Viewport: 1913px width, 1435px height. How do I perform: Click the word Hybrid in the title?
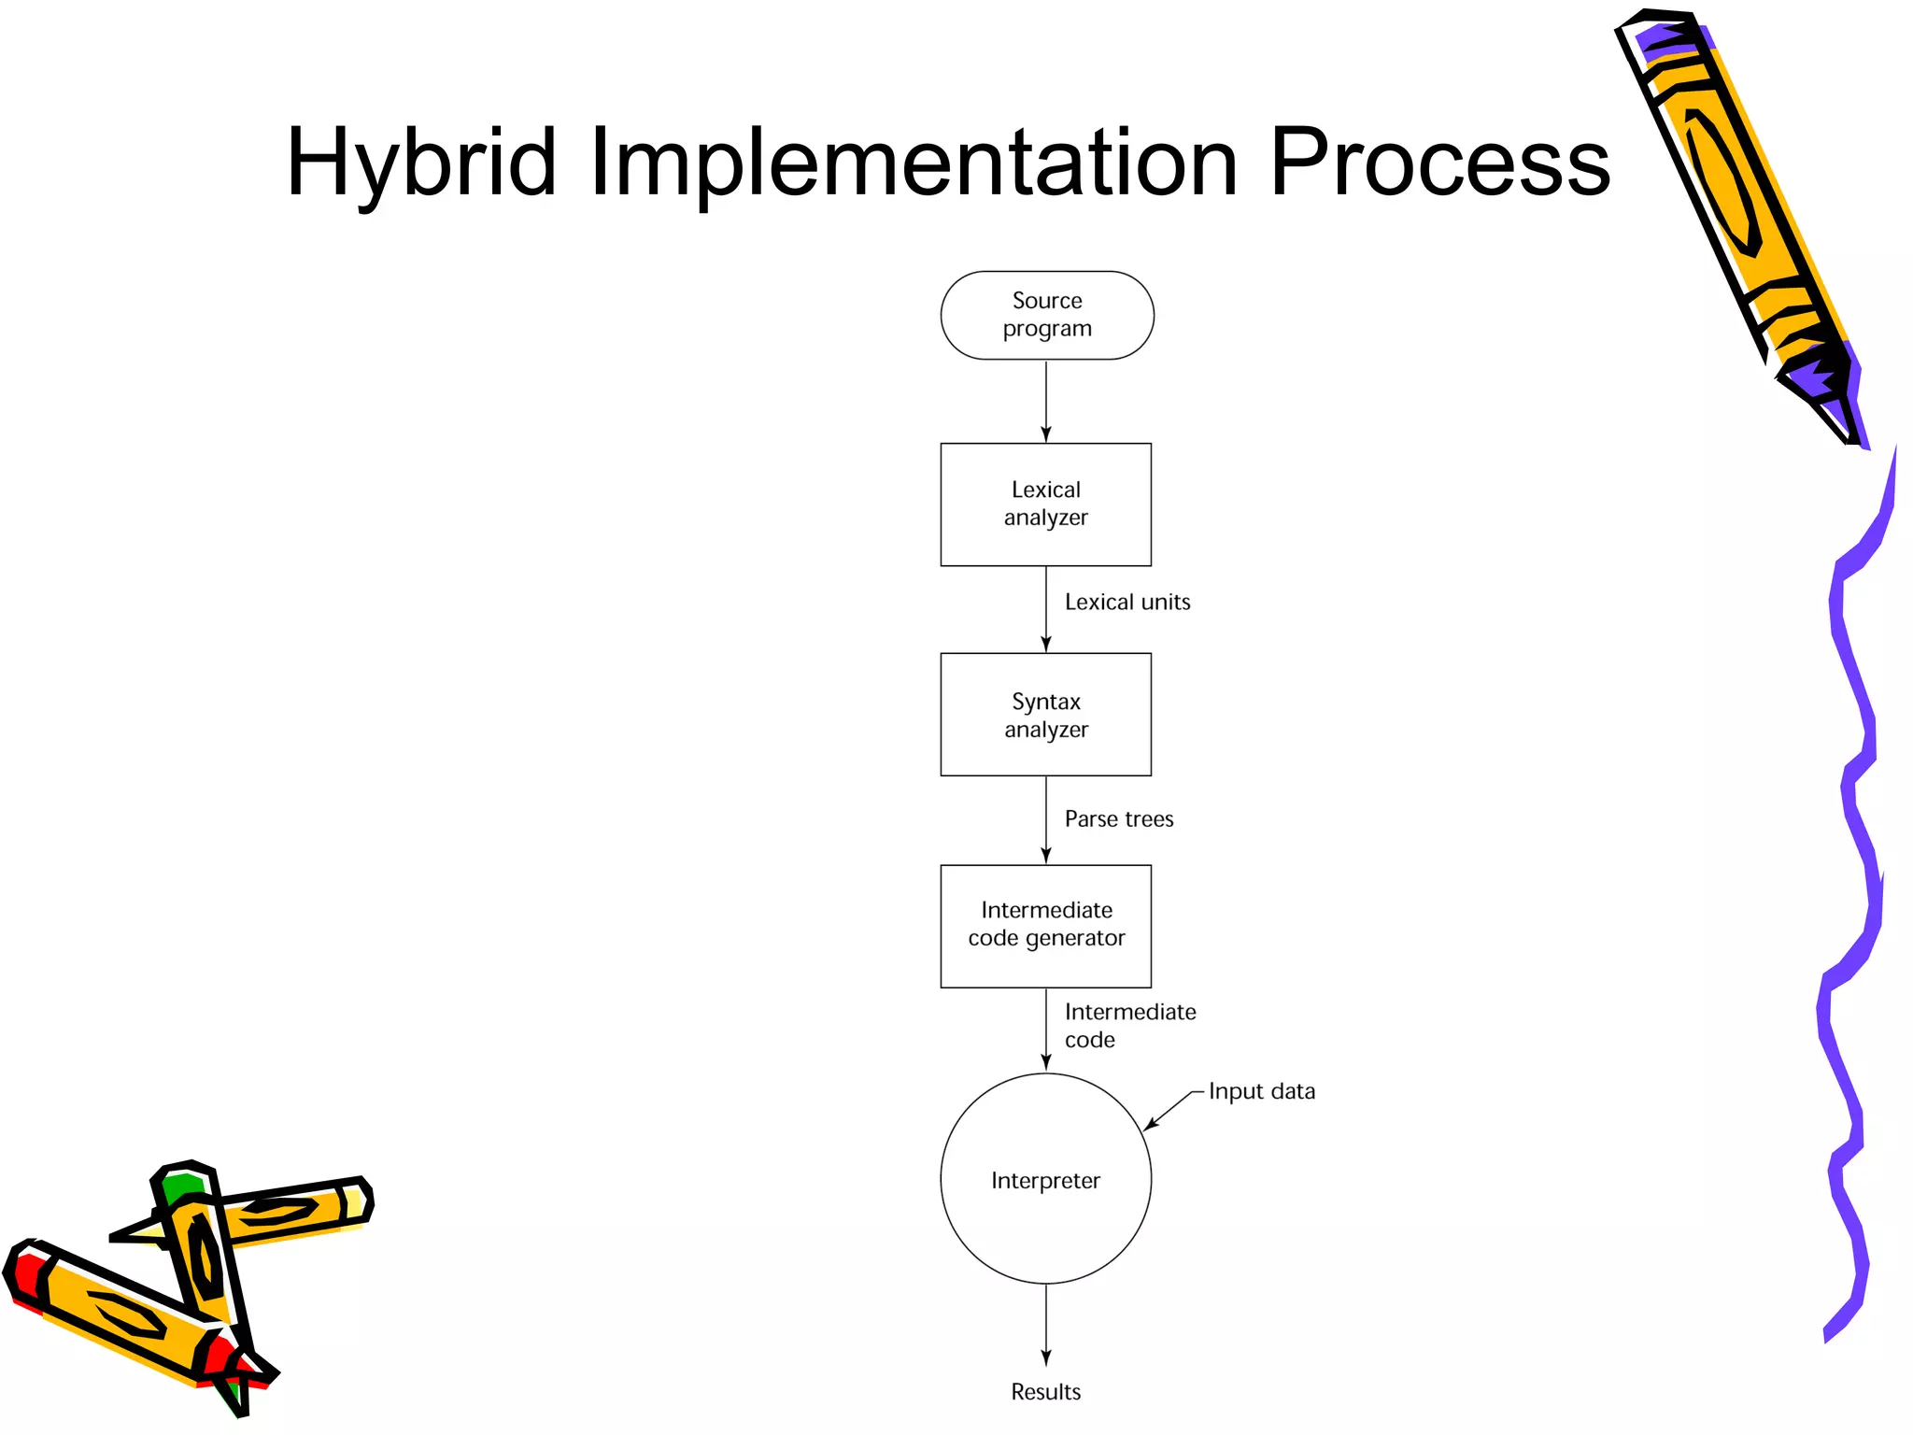pos(421,163)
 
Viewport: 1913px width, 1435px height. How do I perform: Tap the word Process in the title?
pos(1439,163)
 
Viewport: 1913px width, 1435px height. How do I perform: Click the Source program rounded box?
pos(1046,316)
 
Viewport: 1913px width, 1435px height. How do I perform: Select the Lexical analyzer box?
pos(1045,504)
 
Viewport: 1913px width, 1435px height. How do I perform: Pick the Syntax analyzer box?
pos(1045,715)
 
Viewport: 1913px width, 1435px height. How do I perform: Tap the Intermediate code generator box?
pos(1045,926)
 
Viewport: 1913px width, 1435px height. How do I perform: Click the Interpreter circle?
pos(1045,1179)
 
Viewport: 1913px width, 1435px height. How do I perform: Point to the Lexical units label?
pos(1127,603)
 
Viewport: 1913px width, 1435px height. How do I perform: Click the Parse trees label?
pos(1118,819)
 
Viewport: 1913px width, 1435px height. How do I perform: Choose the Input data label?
pos(1261,1091)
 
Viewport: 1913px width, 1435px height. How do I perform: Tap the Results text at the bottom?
pos(1045,1392)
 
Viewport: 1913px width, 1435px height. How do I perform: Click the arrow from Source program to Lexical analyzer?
pos(1046,401)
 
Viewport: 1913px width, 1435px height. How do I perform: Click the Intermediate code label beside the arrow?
pos(1129,1026)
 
